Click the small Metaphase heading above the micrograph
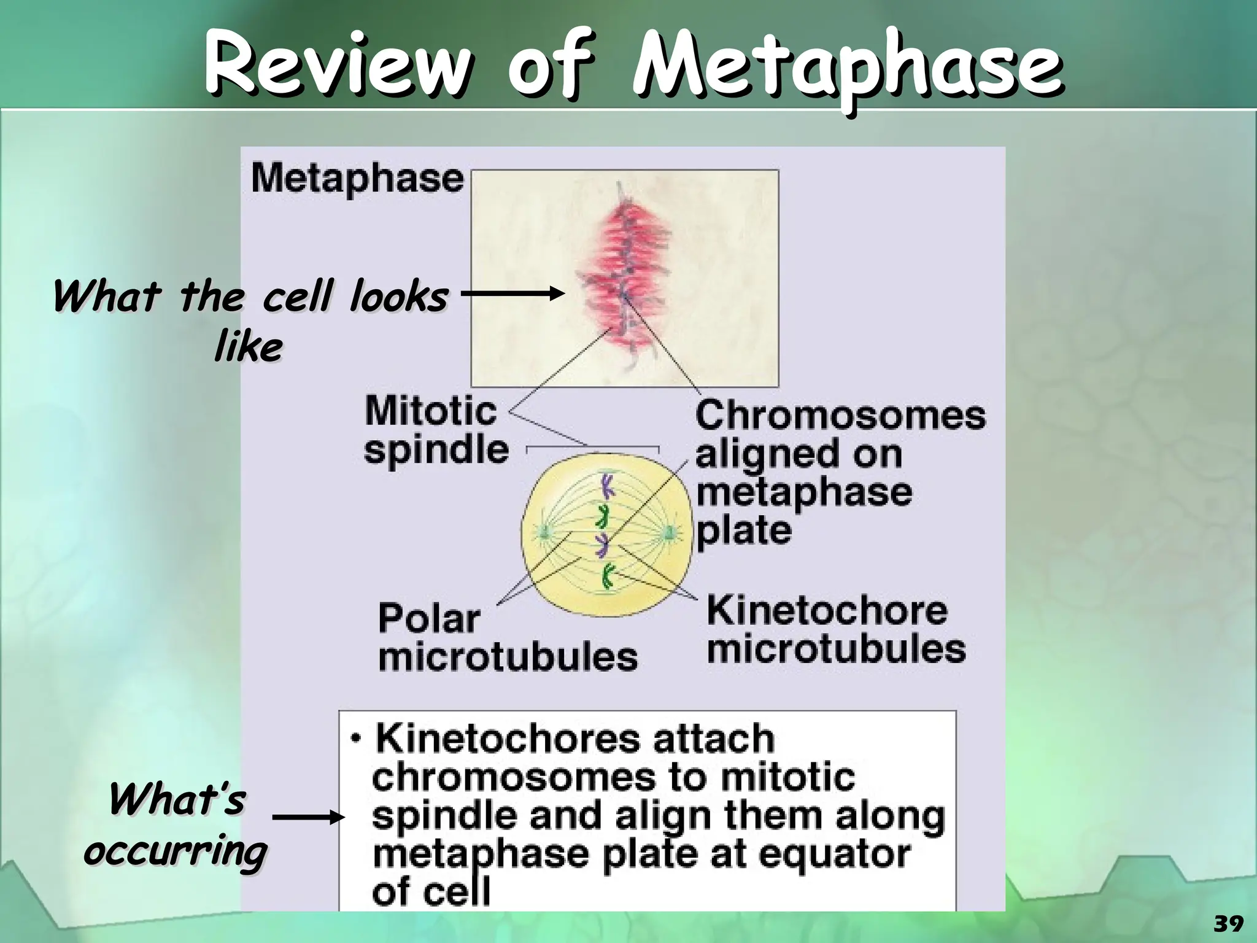[x=357, y=179]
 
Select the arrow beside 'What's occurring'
[x=305, y=817]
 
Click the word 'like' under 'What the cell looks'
[x=248, y=348]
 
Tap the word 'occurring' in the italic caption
[x=176, y=852]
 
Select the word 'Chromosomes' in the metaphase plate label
[x=840, y=416]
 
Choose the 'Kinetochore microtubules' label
[x=835, y=631]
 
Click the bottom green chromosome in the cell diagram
[x=608, y=576]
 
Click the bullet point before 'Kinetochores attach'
[x=356, y=739]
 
